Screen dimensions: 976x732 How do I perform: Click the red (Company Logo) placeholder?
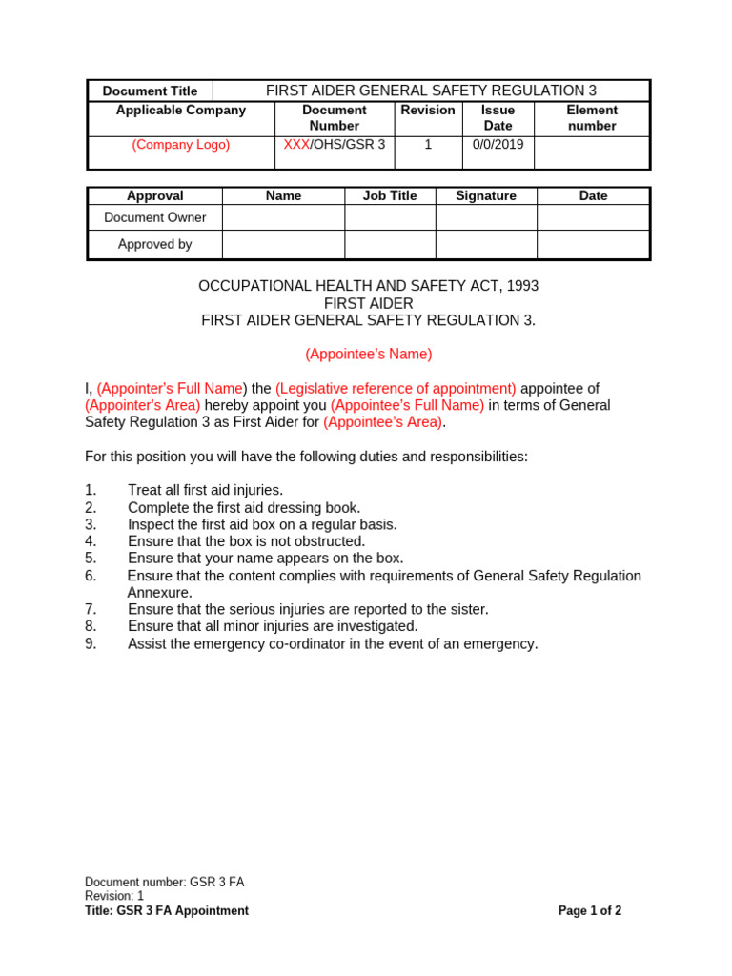(x=181, y=145)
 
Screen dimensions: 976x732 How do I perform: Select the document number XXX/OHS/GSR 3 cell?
(x=335, y=145)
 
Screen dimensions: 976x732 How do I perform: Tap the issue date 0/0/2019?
(x=498, y=145)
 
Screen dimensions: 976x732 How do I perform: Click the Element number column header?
(x=592, y=118)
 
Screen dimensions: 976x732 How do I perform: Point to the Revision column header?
(x=428, y=111)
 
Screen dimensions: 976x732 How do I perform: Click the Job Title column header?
(x=390, y=195)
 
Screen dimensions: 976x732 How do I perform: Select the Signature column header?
(x=486, y=195)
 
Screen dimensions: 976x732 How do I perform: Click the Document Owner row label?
(x=155, y=217)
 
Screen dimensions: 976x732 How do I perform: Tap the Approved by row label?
(x=155, y=244)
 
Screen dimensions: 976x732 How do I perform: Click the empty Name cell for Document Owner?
(x=283, y=217)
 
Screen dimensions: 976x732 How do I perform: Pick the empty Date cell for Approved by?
(x=593, y=244)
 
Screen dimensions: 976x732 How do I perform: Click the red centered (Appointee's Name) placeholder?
(x=369, y=355)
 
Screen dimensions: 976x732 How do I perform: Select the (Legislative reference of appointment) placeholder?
(x=396, y=389)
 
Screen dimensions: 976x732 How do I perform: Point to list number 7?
(x=91, y=610)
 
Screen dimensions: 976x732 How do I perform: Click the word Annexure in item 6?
(x=160, y=593)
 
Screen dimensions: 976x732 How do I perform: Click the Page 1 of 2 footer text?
(x=590, y=911)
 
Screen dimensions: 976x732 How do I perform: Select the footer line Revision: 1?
(x=114, y=896)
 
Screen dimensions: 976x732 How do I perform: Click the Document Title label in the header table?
(x=151, y=91)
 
